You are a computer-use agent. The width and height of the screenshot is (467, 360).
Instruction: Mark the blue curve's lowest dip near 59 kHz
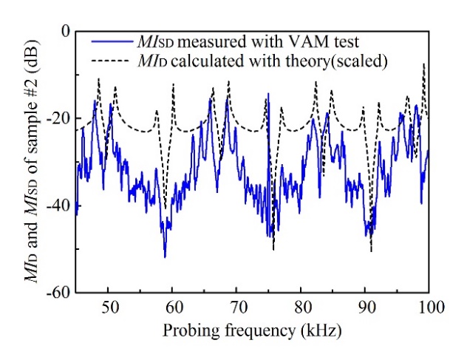pos(165,257)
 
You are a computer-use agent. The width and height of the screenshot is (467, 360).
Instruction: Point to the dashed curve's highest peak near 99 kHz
pos(423,64)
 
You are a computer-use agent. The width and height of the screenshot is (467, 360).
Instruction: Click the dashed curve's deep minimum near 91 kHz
pos(371,251)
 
